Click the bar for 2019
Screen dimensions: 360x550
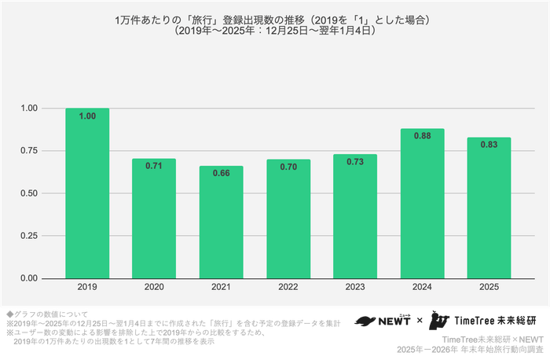[x=87, y=193]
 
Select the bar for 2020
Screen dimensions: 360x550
[x=154, y=219]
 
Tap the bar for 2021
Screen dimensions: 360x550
[x=221, y=222]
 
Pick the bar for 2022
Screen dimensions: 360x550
[x=288, y=219]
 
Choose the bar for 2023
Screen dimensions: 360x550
[x=355, y=216]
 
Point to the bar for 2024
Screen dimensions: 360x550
[x=422, y=204]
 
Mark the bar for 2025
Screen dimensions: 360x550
[x=489, y=208]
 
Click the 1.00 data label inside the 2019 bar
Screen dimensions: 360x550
[x=87, y=116]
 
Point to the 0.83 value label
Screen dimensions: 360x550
[x=489, y=145]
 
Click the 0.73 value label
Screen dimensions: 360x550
[x=355, y=162]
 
